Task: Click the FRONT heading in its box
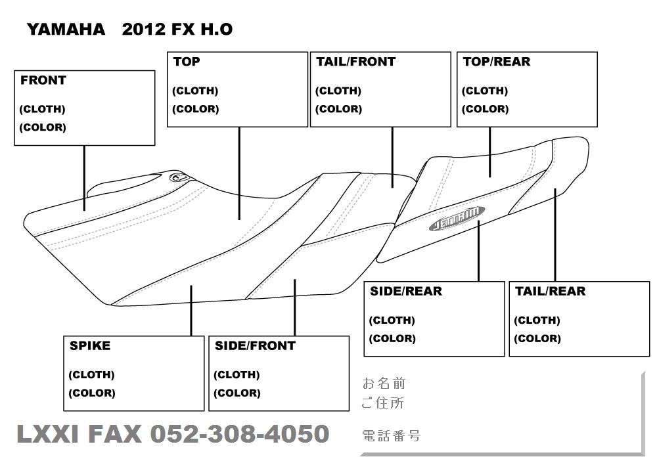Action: (43, 81)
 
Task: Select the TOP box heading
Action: (187, 62)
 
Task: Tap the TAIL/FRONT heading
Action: (355, 62)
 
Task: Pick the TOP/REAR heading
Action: (496, 62)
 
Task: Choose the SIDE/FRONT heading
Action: (255, 345)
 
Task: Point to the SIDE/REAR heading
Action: (405, 291)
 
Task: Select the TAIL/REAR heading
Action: (550, 291)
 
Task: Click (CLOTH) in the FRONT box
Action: (43, 109)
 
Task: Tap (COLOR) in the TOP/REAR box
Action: (485, 109)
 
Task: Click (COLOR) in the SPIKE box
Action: (92, 393)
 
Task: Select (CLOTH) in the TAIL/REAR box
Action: (537, 320)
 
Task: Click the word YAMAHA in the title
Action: (65, 30)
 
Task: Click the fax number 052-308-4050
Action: (240, 434)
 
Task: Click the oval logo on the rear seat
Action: (457, 218)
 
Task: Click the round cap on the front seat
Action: (179, 177)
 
